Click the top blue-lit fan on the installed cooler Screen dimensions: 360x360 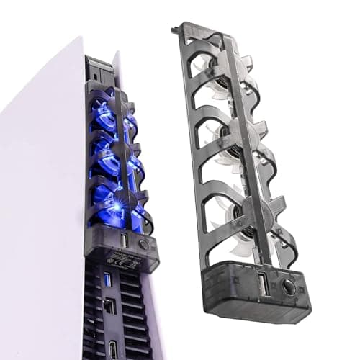[x=108, y=115]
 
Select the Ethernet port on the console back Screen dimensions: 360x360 [x=109, y=306]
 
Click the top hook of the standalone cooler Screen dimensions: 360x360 [x=175, y=30]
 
